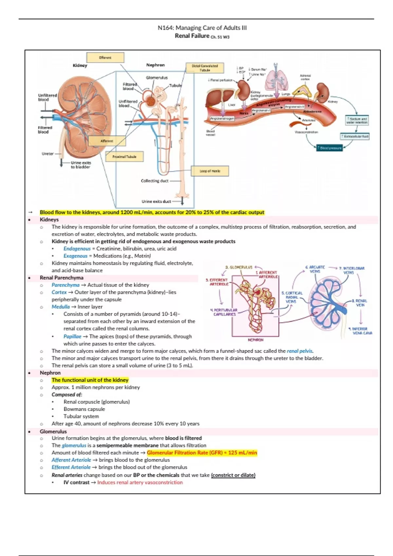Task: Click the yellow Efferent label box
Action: [105, 58]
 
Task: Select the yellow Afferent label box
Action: [107, 141]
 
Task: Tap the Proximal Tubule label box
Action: [124, 157]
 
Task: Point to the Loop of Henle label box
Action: [210, 171]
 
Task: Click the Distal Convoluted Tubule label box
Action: [205, 68]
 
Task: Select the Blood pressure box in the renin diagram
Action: [330, 148]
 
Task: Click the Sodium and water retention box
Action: [357, 120]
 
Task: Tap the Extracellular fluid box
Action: [355, 136]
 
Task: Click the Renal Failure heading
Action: [192, 36]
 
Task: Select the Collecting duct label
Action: [155, 181]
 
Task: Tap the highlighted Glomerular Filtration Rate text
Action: [202, 453]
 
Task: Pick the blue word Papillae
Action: [72, 336]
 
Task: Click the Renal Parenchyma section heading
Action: [62, 278]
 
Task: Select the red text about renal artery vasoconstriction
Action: [140, 482]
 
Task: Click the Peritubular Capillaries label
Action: [225, 312]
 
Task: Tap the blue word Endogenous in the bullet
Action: [77, 249]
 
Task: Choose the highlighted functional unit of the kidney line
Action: [90, 380]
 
